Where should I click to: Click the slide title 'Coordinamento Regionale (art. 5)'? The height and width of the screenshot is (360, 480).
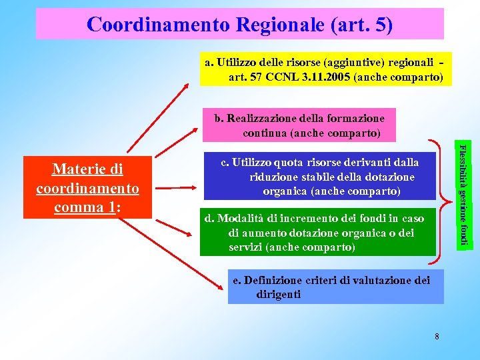tap(239, 25)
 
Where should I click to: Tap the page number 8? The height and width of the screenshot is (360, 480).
tap(437, 336)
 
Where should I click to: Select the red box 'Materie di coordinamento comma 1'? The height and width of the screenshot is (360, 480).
tap(88, 188)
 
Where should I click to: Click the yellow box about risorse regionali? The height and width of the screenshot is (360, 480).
tap(325, 69)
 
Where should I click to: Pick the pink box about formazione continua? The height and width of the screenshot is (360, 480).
tap(299, 125)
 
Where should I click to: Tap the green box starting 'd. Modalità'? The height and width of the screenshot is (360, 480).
tap(317, 233)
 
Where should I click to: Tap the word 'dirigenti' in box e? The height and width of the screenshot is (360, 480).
tap(278, 294)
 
